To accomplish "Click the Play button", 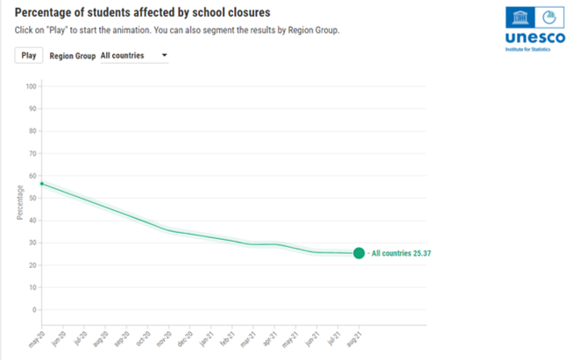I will [x=29, y=55].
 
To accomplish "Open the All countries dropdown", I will [x=133, y=55].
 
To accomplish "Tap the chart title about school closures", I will [x=143, y=13].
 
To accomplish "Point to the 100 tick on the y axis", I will [x=32, y=87].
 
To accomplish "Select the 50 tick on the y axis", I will [x=33, y=198].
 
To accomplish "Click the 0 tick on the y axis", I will [x=35, y=309].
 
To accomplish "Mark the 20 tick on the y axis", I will [x=33, y=265].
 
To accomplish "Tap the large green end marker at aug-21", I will [x=358, y=253].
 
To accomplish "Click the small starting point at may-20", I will [x=42, y=183].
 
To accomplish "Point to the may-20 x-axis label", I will [x=36, y=335].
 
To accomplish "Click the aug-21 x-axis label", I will [x=352, y=335].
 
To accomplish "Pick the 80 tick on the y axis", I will [x=33, y=131].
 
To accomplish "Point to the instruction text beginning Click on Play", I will [x=176, y=31].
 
